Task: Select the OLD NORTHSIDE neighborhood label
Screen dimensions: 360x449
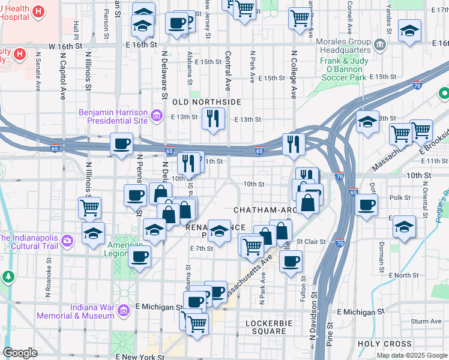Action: click(x=206, y=103)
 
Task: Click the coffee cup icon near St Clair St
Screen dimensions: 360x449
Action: click(x=291, y=262)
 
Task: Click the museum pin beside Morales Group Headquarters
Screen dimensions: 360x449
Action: click(x=380, y=44)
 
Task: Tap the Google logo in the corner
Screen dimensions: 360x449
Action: click(x=20, y=352)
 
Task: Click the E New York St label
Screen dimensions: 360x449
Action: click(x=140, y=357)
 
